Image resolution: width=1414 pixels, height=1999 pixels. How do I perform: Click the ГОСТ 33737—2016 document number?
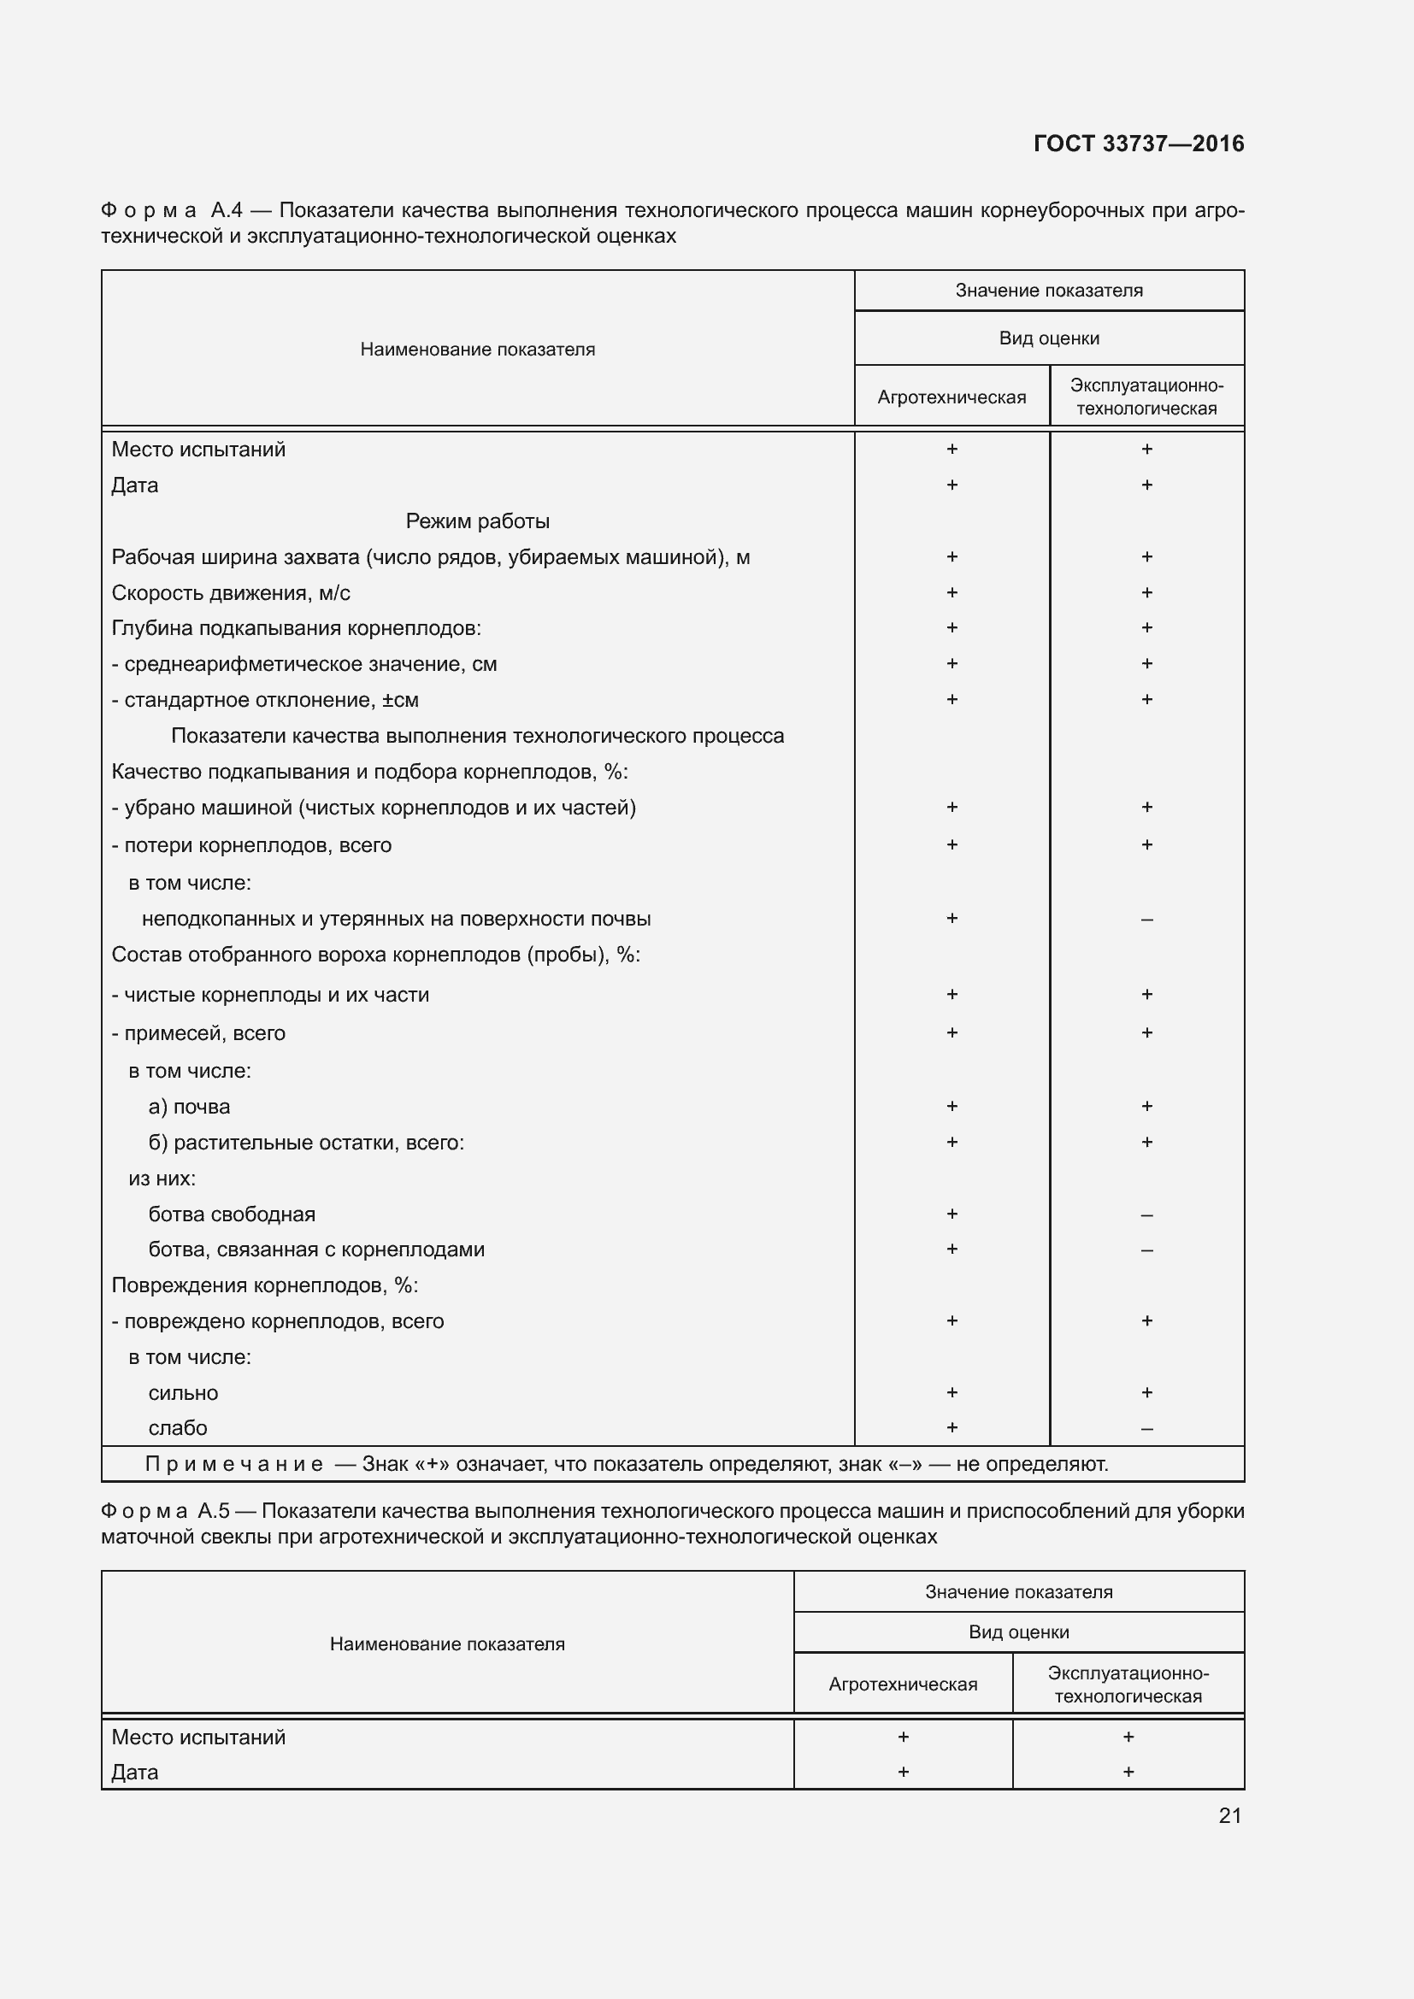pyautogui.click(x=1138, y=144)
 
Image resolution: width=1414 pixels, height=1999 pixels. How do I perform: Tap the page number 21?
pyautogui.click(x=1229, y=1815)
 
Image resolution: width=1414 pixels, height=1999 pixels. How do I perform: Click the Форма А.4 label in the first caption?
pyautogui.click(x=171, y=210)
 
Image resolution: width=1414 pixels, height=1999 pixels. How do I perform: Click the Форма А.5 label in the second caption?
pyautogui.click(x=163, y=1510)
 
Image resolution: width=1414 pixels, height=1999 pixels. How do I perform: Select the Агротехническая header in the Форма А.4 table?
pyautogui.click(x=951, y=397)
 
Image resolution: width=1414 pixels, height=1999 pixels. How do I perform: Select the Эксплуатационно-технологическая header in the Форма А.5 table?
pyautogui.click(x=1128, y=1684)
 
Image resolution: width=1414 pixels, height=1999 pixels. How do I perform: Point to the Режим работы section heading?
pyautogui.click(x=477, y=520)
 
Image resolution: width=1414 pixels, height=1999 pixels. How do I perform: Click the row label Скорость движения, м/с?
pyautogui.click(x=231, y=593)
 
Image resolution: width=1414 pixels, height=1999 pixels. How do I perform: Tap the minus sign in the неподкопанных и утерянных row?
pyautogui.click(x=1146, y=920)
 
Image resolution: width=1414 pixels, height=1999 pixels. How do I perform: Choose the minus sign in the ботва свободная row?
pyautogui.click(x=1146, y=1214)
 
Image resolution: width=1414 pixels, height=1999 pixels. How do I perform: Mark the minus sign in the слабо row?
pyautogui.click(x=1146, y=1429)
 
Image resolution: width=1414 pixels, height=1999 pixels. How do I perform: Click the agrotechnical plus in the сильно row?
pyautogui.click(x=952, y=1392)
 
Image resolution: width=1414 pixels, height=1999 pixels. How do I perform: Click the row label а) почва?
pyautogui.click(x=189, y=1107)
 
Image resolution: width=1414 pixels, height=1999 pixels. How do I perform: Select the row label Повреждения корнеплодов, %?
pyautogui.click(x=265, y=1285)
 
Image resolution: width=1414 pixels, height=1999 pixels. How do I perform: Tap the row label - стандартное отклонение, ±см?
pyautogui.click(x=265, y=700)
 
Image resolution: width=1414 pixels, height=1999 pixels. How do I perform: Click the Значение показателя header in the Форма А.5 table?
pyautogui.click(x=1018, y=1591)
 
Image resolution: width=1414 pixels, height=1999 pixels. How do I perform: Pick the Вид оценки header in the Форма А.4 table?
pyautogui.click(x=1048, y=338)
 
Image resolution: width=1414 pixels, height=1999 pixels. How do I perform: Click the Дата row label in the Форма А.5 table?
pyautogui.click(x=135, y=1772)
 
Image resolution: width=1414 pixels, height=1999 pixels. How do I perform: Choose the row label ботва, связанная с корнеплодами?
pyautogui.click(x=316, y=1249)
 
